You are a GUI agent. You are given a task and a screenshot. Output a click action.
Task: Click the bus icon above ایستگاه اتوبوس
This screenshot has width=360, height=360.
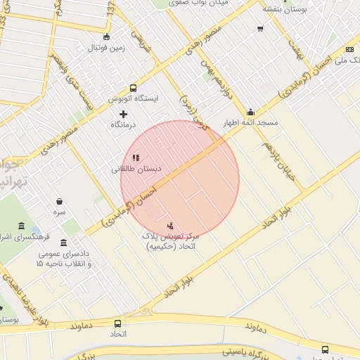click(133, 88)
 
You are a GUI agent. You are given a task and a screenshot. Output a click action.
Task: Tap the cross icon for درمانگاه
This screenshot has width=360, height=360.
click(124, 114)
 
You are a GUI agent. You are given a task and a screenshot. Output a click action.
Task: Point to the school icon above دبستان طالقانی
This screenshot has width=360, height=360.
click(135, 158)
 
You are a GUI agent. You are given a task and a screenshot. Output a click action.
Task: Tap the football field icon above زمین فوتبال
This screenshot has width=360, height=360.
click(106, 37)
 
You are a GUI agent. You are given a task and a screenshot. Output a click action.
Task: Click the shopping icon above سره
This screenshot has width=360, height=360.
click(59, 201)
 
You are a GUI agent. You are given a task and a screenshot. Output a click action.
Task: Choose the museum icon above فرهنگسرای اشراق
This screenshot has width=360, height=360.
click(21, 226)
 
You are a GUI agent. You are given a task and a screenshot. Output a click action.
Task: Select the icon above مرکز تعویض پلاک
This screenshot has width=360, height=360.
click(170, 226)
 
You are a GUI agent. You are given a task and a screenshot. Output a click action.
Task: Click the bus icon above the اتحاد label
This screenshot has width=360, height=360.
click(117, 323)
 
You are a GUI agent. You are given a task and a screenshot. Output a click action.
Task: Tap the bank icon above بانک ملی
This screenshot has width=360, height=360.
click(349, 49)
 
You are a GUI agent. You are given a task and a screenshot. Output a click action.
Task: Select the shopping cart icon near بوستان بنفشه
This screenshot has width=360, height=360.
click(260, 29)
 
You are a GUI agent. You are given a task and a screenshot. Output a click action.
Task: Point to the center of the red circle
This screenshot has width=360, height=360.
click(180, 179)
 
